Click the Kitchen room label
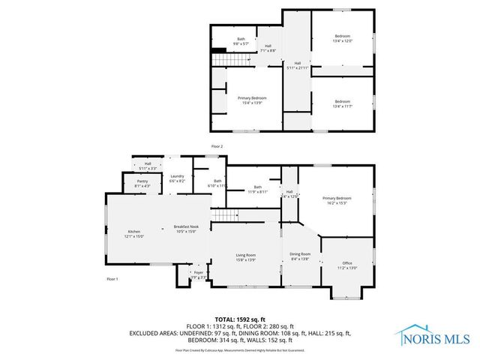[x=135, y=233]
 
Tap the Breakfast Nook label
[x=185, y=229]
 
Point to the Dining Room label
[x=300, y=256]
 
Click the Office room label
[x=347, y=265]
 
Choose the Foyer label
[x=199, y=274]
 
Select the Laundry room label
[x=177, y=178]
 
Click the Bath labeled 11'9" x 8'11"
[x=258, y=189]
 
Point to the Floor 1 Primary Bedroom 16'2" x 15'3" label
[x=337, y=199]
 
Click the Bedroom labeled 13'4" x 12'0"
[x=342, y=39]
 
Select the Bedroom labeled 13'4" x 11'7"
[x=342, y=103]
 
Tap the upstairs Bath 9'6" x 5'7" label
[x=241, y=40]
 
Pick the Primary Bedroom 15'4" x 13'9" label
[x=252, y=100]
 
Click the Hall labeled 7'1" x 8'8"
[x=268, y=48]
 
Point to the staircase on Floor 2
[x=220, y=59]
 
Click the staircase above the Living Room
[x=223, y=217]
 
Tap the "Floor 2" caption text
[x=217, y=145]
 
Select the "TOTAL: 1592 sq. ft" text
[x=239, y=319]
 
